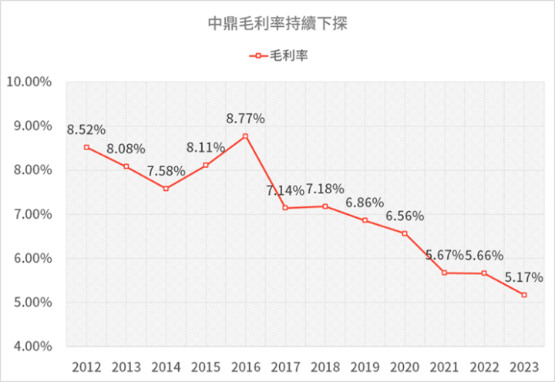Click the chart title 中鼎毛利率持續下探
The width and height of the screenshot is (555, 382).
(278, 24)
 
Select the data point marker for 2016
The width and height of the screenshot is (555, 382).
(245, 136)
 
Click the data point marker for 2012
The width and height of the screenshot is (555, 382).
(86, 147)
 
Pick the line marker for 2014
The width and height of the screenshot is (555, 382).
(166, 189)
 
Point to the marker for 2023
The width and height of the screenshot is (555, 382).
(524, 295)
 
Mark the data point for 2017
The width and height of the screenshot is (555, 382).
(285, 208)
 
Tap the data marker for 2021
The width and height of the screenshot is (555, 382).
(445, 273)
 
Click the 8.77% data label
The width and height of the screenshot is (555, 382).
(245, 119)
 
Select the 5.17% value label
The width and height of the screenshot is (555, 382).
(524, 276)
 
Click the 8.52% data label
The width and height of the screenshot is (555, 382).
(86, 129)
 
